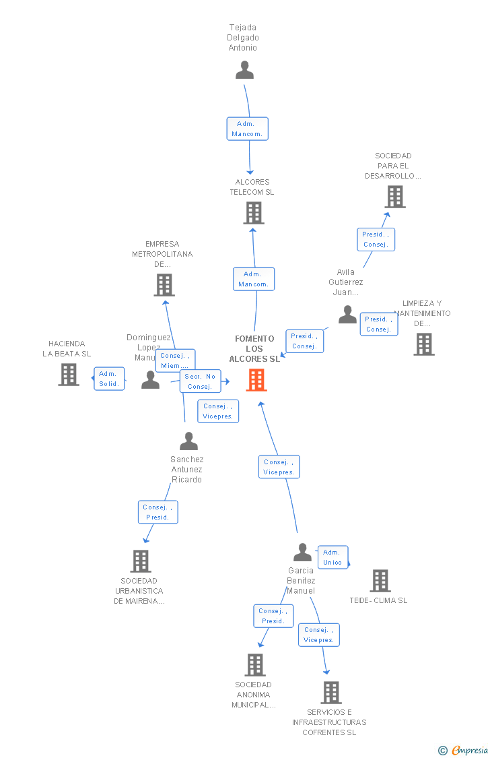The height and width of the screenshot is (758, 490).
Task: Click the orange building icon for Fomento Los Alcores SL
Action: tap(256, 380)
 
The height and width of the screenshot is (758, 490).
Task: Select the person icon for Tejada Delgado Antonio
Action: tap(244, 70)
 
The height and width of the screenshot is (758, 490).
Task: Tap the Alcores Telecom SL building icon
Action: tap(254, 213)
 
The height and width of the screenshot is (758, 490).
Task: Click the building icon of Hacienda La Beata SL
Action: tap(69, 375)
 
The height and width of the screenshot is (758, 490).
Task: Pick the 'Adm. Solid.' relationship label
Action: tap(109, 379)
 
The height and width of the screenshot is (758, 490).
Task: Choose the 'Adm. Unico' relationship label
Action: tap(332, 557)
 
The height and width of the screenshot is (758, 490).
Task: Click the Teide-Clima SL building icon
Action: tap(380, 581)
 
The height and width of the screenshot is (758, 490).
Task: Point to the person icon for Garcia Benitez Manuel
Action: tap(302, 552)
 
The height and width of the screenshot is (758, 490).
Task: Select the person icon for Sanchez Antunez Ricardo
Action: tap(188, 441)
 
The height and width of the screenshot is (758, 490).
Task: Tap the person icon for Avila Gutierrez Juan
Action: tap(347, 315)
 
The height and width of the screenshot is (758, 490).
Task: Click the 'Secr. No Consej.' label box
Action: tap(200, 381)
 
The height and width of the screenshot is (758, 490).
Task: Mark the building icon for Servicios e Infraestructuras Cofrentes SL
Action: tap(330, 692)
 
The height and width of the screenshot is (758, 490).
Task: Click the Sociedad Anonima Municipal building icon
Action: tap(255, 665)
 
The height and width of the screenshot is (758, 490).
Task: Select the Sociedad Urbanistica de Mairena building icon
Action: tap(140, 561)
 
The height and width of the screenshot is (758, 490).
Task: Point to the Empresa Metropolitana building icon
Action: tap(164, 285)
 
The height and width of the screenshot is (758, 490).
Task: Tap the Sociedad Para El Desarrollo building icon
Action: tap(395, 197)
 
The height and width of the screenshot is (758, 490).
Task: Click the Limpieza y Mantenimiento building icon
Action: tap(424, 344)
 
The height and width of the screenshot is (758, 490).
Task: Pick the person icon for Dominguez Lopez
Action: tap(150, 381)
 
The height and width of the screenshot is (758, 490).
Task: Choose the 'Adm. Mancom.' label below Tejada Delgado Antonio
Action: tap(248, 129)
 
